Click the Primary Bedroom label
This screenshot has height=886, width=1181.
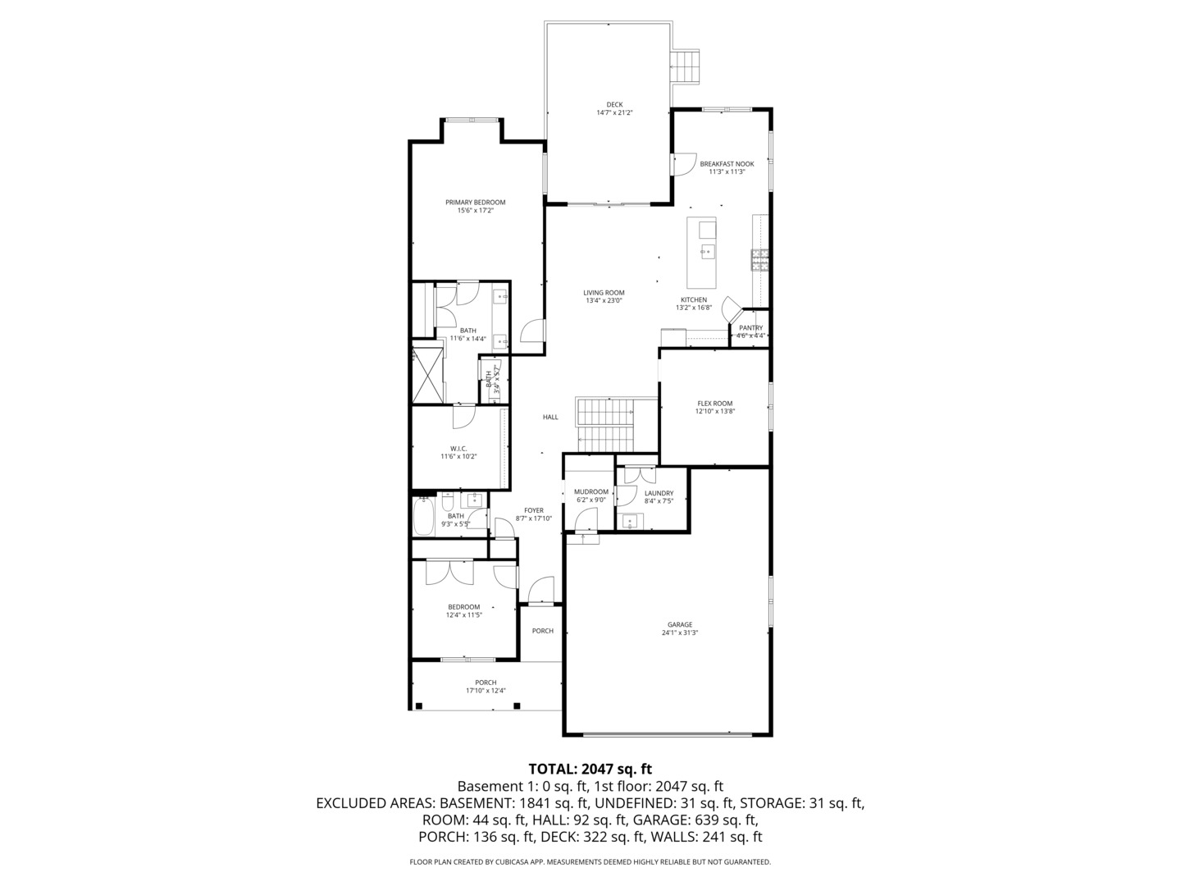tap(475, 203)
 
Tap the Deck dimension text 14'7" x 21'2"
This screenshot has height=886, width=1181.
tap(614, 113)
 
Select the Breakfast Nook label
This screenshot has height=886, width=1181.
tap(727, 164)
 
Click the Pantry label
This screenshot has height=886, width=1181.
tap(750, 328)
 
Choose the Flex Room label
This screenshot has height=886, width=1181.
tap(714, 404)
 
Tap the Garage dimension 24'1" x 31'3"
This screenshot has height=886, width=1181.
tap(679, 633)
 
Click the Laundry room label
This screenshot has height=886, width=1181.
tap(659, 493)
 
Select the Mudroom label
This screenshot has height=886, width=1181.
tap(590, 492)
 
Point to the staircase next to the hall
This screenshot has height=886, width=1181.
tap(607, 424)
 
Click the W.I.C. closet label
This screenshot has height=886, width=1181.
tap(458, 449)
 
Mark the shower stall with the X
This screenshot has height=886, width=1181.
tap(426, 376)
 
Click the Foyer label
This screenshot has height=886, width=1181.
tap(533, 510)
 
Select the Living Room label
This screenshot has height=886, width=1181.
tap(604, 293)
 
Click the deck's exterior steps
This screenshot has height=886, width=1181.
tap(687, 66)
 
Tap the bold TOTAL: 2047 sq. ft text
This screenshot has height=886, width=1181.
tap(590, 770)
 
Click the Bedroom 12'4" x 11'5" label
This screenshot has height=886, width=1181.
tap(463, 607)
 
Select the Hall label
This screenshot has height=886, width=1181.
tap(550, 418)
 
